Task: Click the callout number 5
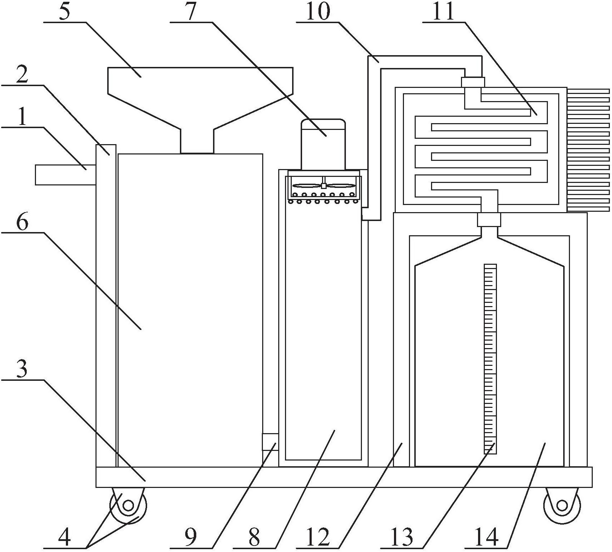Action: (x=64, y=12)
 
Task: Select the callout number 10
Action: (x=318, y=12)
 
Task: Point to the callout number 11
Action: (x=444, y=12)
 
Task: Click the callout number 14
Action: (x=487, y=536)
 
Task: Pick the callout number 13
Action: (x=401, y=536)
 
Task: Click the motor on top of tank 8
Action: (x=323, y=144)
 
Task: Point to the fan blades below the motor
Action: (x=323, y=185)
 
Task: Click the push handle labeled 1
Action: (x=66, y=175)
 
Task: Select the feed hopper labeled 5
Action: (x=200, y=110)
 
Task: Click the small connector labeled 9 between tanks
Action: (x=270, y=442)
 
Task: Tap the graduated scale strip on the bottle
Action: (x=490, y=359)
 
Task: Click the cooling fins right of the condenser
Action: (x=588, y=150)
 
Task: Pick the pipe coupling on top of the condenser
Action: (x=473, y=82)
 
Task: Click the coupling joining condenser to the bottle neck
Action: (x=489, y=219)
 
